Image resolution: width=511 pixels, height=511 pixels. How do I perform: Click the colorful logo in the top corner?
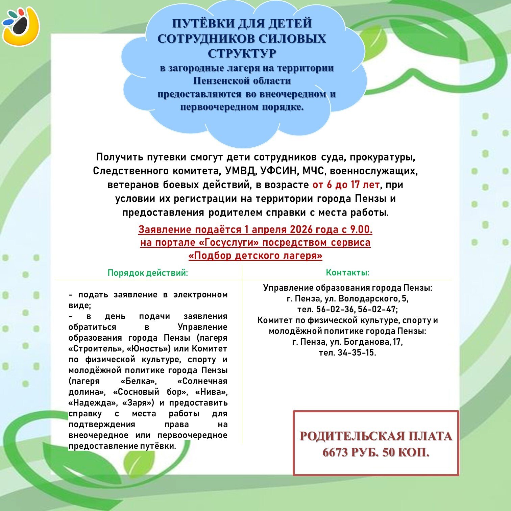tap(21, 25)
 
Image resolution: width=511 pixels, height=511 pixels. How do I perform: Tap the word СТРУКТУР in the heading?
tap(242, 53)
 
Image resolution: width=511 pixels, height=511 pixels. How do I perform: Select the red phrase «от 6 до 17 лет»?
tap(346, 185)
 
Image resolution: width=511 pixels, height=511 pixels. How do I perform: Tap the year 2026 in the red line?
tap(301, 229)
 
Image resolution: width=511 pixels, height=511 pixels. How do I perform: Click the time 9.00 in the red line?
tap(361, 229)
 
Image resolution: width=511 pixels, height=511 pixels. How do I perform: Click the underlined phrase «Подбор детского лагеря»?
tap(255, 255)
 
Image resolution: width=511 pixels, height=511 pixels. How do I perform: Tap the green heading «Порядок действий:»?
tap(148, 273)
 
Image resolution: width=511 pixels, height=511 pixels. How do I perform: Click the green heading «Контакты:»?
tap(347, 272)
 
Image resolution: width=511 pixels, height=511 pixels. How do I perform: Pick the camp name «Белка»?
tap(139, 381)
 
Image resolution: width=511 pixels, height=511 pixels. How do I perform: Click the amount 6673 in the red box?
tap(335, 452)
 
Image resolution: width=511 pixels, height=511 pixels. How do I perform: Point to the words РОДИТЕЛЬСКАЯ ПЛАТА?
tap(375, 436)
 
